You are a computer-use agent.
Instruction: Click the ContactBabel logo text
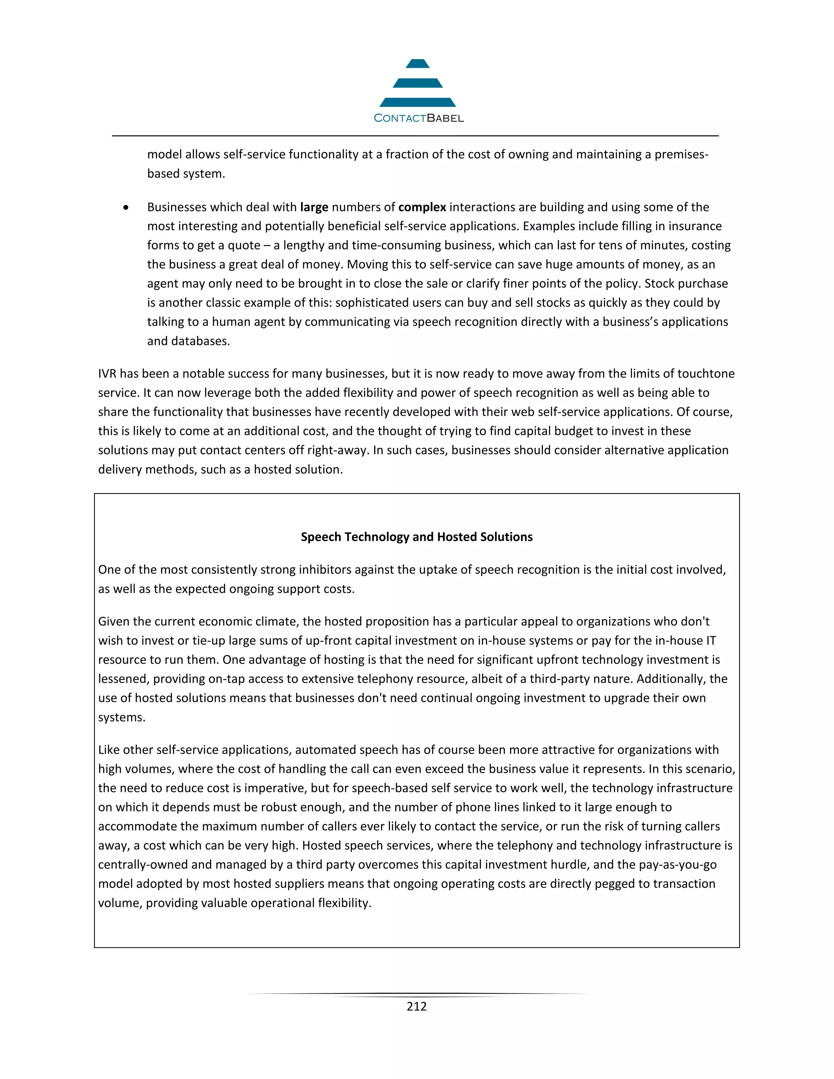click(419, 118)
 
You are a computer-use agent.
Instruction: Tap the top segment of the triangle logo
click(417, 64)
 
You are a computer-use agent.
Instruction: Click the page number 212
click(417, 1007)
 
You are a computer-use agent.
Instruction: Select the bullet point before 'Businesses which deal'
click(127, 208)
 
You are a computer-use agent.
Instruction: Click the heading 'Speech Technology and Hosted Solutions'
click(417, 537)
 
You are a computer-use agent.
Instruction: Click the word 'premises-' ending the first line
click(681, 155)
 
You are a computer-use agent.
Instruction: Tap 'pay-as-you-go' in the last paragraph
click(677, 864)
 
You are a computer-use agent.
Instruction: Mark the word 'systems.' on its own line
click(121, 717)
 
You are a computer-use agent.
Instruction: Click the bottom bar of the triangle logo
click(417, 102)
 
